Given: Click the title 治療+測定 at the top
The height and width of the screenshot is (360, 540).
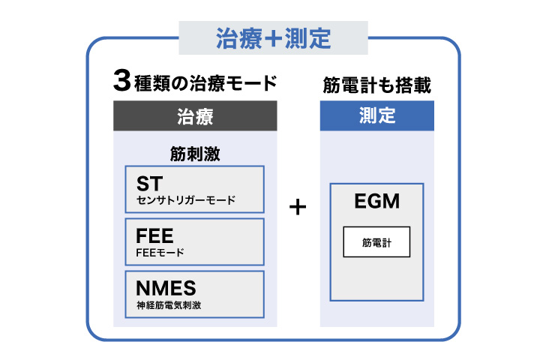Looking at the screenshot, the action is tap(274, 38).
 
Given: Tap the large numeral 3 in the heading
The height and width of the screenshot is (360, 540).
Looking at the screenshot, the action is tap(122, 80).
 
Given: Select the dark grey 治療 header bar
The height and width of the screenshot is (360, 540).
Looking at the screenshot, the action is tap(195, 115).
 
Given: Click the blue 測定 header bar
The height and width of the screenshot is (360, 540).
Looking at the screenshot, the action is tap(376, 115).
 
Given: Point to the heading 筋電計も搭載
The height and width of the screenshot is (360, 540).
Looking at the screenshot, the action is tap(376, 85).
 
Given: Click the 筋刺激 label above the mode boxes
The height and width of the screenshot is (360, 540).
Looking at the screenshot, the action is tap(195, 154).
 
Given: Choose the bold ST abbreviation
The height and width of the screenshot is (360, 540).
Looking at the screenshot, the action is tap(149, 184).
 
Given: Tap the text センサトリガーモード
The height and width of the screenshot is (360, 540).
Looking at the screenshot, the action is tap(186, 200).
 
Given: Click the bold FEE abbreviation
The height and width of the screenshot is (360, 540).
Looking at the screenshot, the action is tap(154, 236).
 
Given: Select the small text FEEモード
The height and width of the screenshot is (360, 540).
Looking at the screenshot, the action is tap(160, 253).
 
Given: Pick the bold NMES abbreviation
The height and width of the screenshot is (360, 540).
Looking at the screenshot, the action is tap(166, 288).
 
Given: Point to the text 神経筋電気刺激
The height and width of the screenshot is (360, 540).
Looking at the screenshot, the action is tap(169, 305).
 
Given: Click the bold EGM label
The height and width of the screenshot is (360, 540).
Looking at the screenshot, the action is tap(376, 201).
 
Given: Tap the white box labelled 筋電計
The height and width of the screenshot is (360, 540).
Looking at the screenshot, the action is tap(376, 241).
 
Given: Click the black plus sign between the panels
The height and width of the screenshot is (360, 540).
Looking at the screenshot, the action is tap(298, 207).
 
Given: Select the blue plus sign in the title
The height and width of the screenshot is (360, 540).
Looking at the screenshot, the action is tap(274, 38).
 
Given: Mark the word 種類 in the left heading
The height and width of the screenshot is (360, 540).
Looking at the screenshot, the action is tap(151, 83).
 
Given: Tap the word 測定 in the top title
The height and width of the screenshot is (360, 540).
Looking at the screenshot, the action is tap(308, 38).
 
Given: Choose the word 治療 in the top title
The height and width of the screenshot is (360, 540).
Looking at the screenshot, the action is tap(239, 38).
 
